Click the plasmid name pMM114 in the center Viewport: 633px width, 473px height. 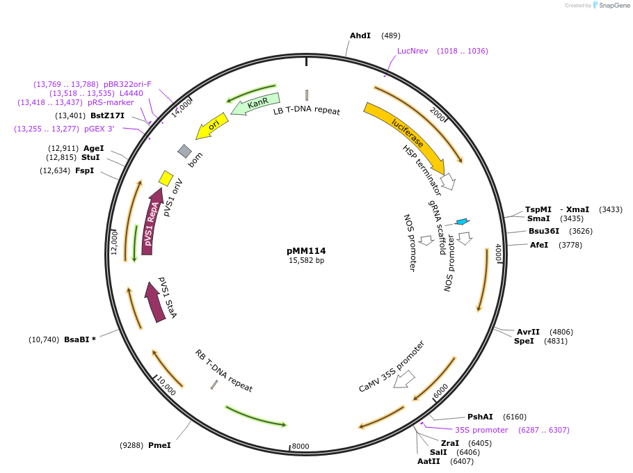tap(306, 251)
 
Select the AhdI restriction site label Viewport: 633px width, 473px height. tap(360, 35)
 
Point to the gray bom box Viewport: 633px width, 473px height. tap(184, 151)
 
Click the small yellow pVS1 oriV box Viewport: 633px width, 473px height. tap(166, 178)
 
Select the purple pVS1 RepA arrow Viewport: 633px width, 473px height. tap(152, 221)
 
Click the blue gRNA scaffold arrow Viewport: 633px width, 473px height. tap(462, 222)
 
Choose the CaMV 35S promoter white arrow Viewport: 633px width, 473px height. tap(404, 379)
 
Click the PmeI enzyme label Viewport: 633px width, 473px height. tap(159, 445)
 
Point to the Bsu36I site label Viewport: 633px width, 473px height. tap(544, 231)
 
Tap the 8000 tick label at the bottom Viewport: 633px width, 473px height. tap(301, 447)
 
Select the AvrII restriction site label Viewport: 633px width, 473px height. tap(529, 332)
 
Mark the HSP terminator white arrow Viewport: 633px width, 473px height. tap(449, 182)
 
